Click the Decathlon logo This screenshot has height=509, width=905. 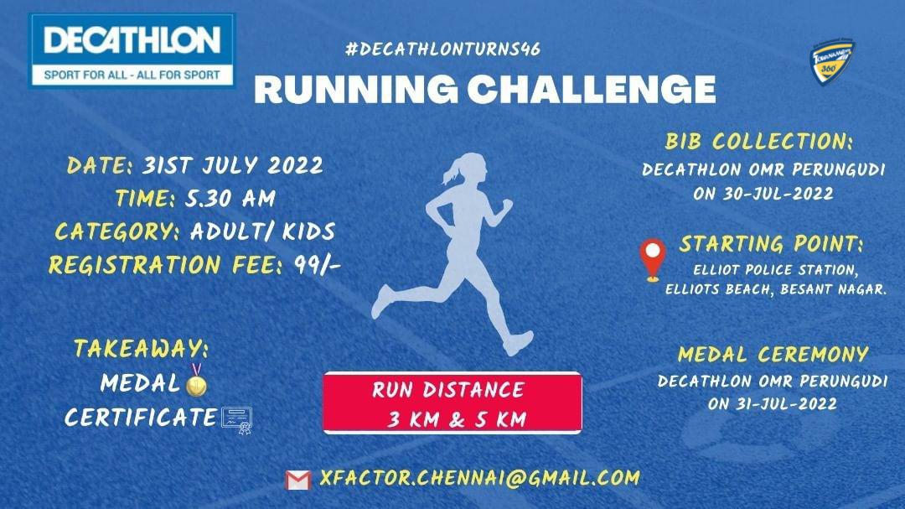132,51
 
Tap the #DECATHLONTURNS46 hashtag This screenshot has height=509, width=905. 442,49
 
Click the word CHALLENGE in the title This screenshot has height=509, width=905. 591,89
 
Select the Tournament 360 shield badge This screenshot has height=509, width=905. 832,63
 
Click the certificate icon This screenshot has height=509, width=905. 237,420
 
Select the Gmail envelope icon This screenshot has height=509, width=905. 297,480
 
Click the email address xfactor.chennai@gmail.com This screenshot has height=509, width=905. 479,478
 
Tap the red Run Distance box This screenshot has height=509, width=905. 452,403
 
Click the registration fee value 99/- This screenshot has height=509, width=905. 318,265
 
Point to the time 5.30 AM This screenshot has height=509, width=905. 230,198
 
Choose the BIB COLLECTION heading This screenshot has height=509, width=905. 758,142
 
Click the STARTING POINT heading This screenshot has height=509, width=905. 771,244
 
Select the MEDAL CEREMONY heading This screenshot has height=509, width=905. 773,354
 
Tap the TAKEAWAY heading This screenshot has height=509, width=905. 142,348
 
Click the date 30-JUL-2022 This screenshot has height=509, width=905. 778,194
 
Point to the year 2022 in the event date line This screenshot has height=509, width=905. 295,166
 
